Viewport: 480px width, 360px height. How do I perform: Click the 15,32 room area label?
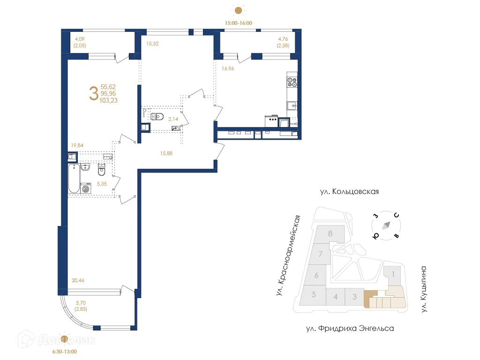click(152, 44)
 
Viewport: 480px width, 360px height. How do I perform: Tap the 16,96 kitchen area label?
click(228, 68)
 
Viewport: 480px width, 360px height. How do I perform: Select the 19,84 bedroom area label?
click(77, 145)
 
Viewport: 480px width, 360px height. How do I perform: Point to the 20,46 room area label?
click(78, 280)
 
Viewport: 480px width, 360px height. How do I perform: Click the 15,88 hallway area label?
click(166, 153)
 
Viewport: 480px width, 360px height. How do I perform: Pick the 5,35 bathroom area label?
click(102, 184)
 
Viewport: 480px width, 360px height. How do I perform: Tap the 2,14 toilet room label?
click(173, 119)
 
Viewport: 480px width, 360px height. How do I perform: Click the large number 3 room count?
click(93, 93)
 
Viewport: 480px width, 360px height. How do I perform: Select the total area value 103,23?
click(108, 100)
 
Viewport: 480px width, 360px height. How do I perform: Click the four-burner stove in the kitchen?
click(292, 82)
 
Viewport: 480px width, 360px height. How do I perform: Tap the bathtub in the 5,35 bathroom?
click(74, 179)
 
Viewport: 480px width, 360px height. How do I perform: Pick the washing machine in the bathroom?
click(86, 188)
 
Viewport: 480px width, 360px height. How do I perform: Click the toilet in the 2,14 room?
click(157, 116)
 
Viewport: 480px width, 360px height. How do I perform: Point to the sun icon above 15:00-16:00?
click(238, 10)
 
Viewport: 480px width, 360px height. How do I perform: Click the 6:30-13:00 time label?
click(64, 352)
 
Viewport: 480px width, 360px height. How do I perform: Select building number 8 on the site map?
click(330, 233)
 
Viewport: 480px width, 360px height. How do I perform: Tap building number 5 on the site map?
click(314, 294)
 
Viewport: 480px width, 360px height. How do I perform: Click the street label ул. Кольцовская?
click(349, 192)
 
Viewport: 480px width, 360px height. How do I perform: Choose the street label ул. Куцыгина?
click(423, 289)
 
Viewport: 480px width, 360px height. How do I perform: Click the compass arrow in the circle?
click(386, 225)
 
